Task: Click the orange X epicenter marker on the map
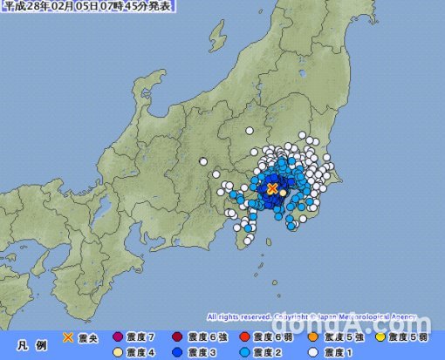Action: [x=272, y=187]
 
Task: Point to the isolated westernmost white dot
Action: [x=203, y=160]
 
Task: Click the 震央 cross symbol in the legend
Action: [x=69, y=336]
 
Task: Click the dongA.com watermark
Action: [x=395, y=324]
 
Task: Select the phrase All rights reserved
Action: [x=238, y=316]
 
